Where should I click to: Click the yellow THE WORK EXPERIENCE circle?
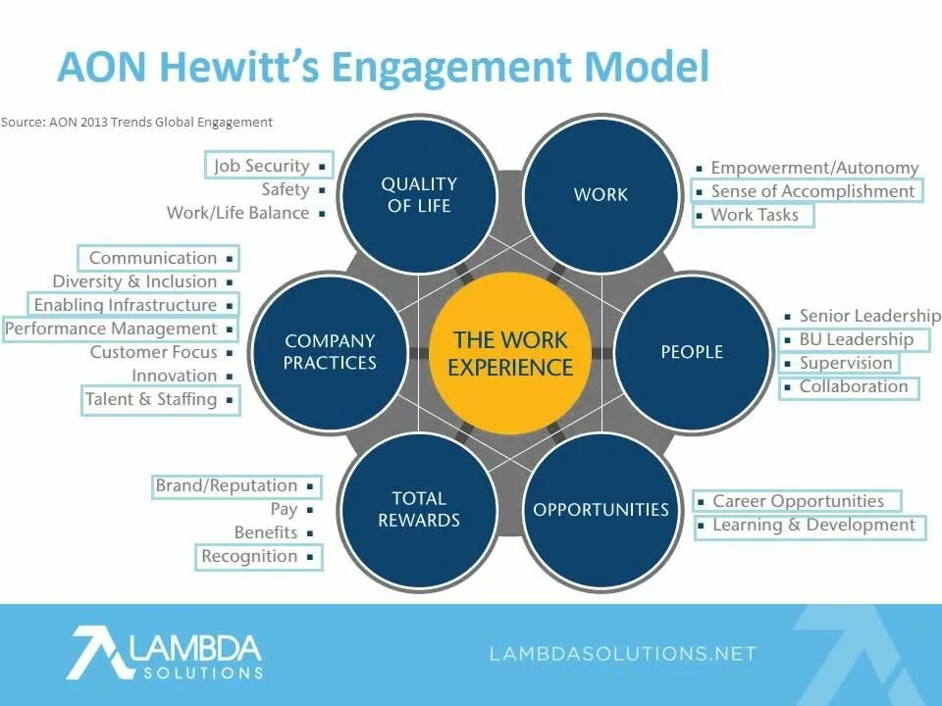pos(510,354)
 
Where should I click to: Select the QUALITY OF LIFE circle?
pos(419,194)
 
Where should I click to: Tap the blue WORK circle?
pos(601,194)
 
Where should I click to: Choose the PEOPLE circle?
pos(692,352)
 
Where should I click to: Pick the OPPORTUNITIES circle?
pos(601,510)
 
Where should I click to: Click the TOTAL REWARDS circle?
pos(419,510)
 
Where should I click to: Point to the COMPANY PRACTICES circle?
pos(330,352)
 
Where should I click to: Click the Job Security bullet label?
pos(262,166)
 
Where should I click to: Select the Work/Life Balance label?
pos(237,213)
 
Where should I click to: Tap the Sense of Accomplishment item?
pos(812,191)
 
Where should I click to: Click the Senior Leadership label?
pos(869,316)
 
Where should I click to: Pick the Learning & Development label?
pos(813,525)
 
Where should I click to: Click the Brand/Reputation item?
pos(227,485)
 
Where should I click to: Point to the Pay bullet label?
pos(284,509)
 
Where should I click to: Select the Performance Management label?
pos(112,328)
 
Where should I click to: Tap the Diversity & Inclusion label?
pos(134,281)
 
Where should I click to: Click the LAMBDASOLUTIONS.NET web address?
pos(623,654)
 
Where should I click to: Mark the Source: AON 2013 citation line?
pos(136,123)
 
